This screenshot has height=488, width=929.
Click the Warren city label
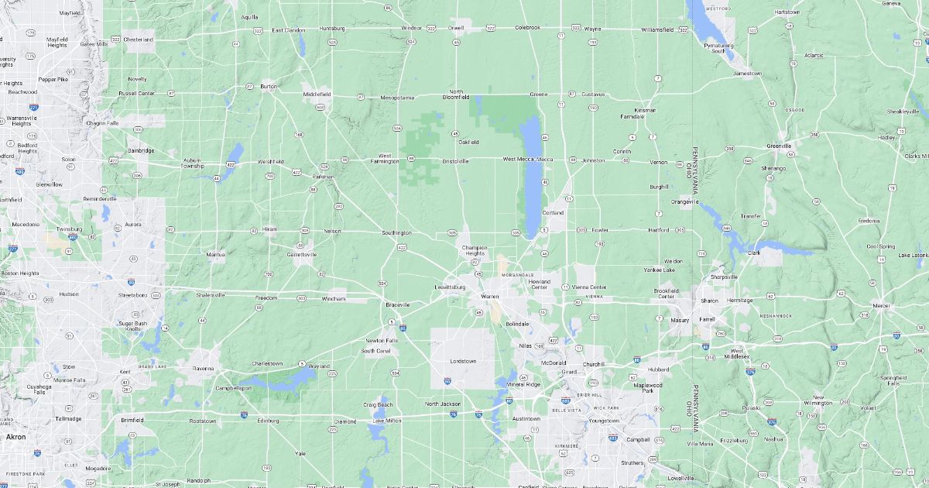[x=489, y=297]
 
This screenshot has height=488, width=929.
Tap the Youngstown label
[x=604, y=421]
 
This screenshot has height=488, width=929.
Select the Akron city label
[x=15, y=437]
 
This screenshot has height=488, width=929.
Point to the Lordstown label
[x=464, y=362]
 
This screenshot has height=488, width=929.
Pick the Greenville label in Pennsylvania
[x=779, y=146]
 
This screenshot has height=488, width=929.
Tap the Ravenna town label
[x=204, y=369]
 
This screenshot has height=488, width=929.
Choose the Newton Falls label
[x=382, y=341]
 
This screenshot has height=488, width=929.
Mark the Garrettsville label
[x=301, y=254]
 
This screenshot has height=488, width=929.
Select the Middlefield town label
[x=317, y=94]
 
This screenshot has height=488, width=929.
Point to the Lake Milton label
[x=387, y=421]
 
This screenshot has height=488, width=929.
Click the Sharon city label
[x=709, y=301]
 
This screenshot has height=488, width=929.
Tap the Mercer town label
[x=881, y=305]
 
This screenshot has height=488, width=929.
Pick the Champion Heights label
[x=474, y=250]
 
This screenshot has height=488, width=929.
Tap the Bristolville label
[x=454, y=161]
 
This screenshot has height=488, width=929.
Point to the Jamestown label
[x=747, y=74]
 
